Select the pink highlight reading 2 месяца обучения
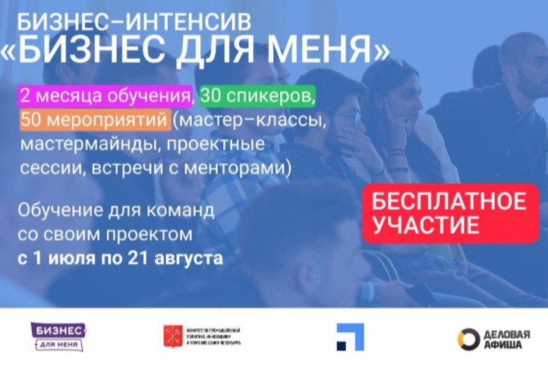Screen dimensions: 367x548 tap(105, 98)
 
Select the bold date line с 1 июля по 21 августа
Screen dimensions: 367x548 tap(120, 258)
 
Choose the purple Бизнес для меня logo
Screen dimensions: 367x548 tap(58, 336)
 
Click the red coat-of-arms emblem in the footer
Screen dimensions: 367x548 tap(172, 336)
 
